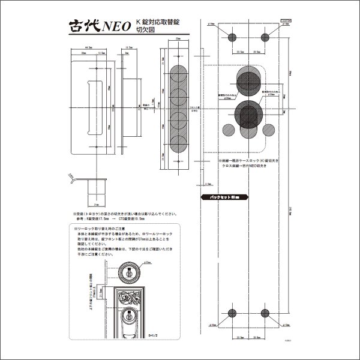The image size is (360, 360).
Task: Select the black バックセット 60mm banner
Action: [220, 196]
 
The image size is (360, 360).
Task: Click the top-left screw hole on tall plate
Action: [235, 35]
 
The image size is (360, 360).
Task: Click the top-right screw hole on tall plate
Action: [266, 35]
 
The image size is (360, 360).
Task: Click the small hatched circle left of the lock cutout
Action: [228, 129]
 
